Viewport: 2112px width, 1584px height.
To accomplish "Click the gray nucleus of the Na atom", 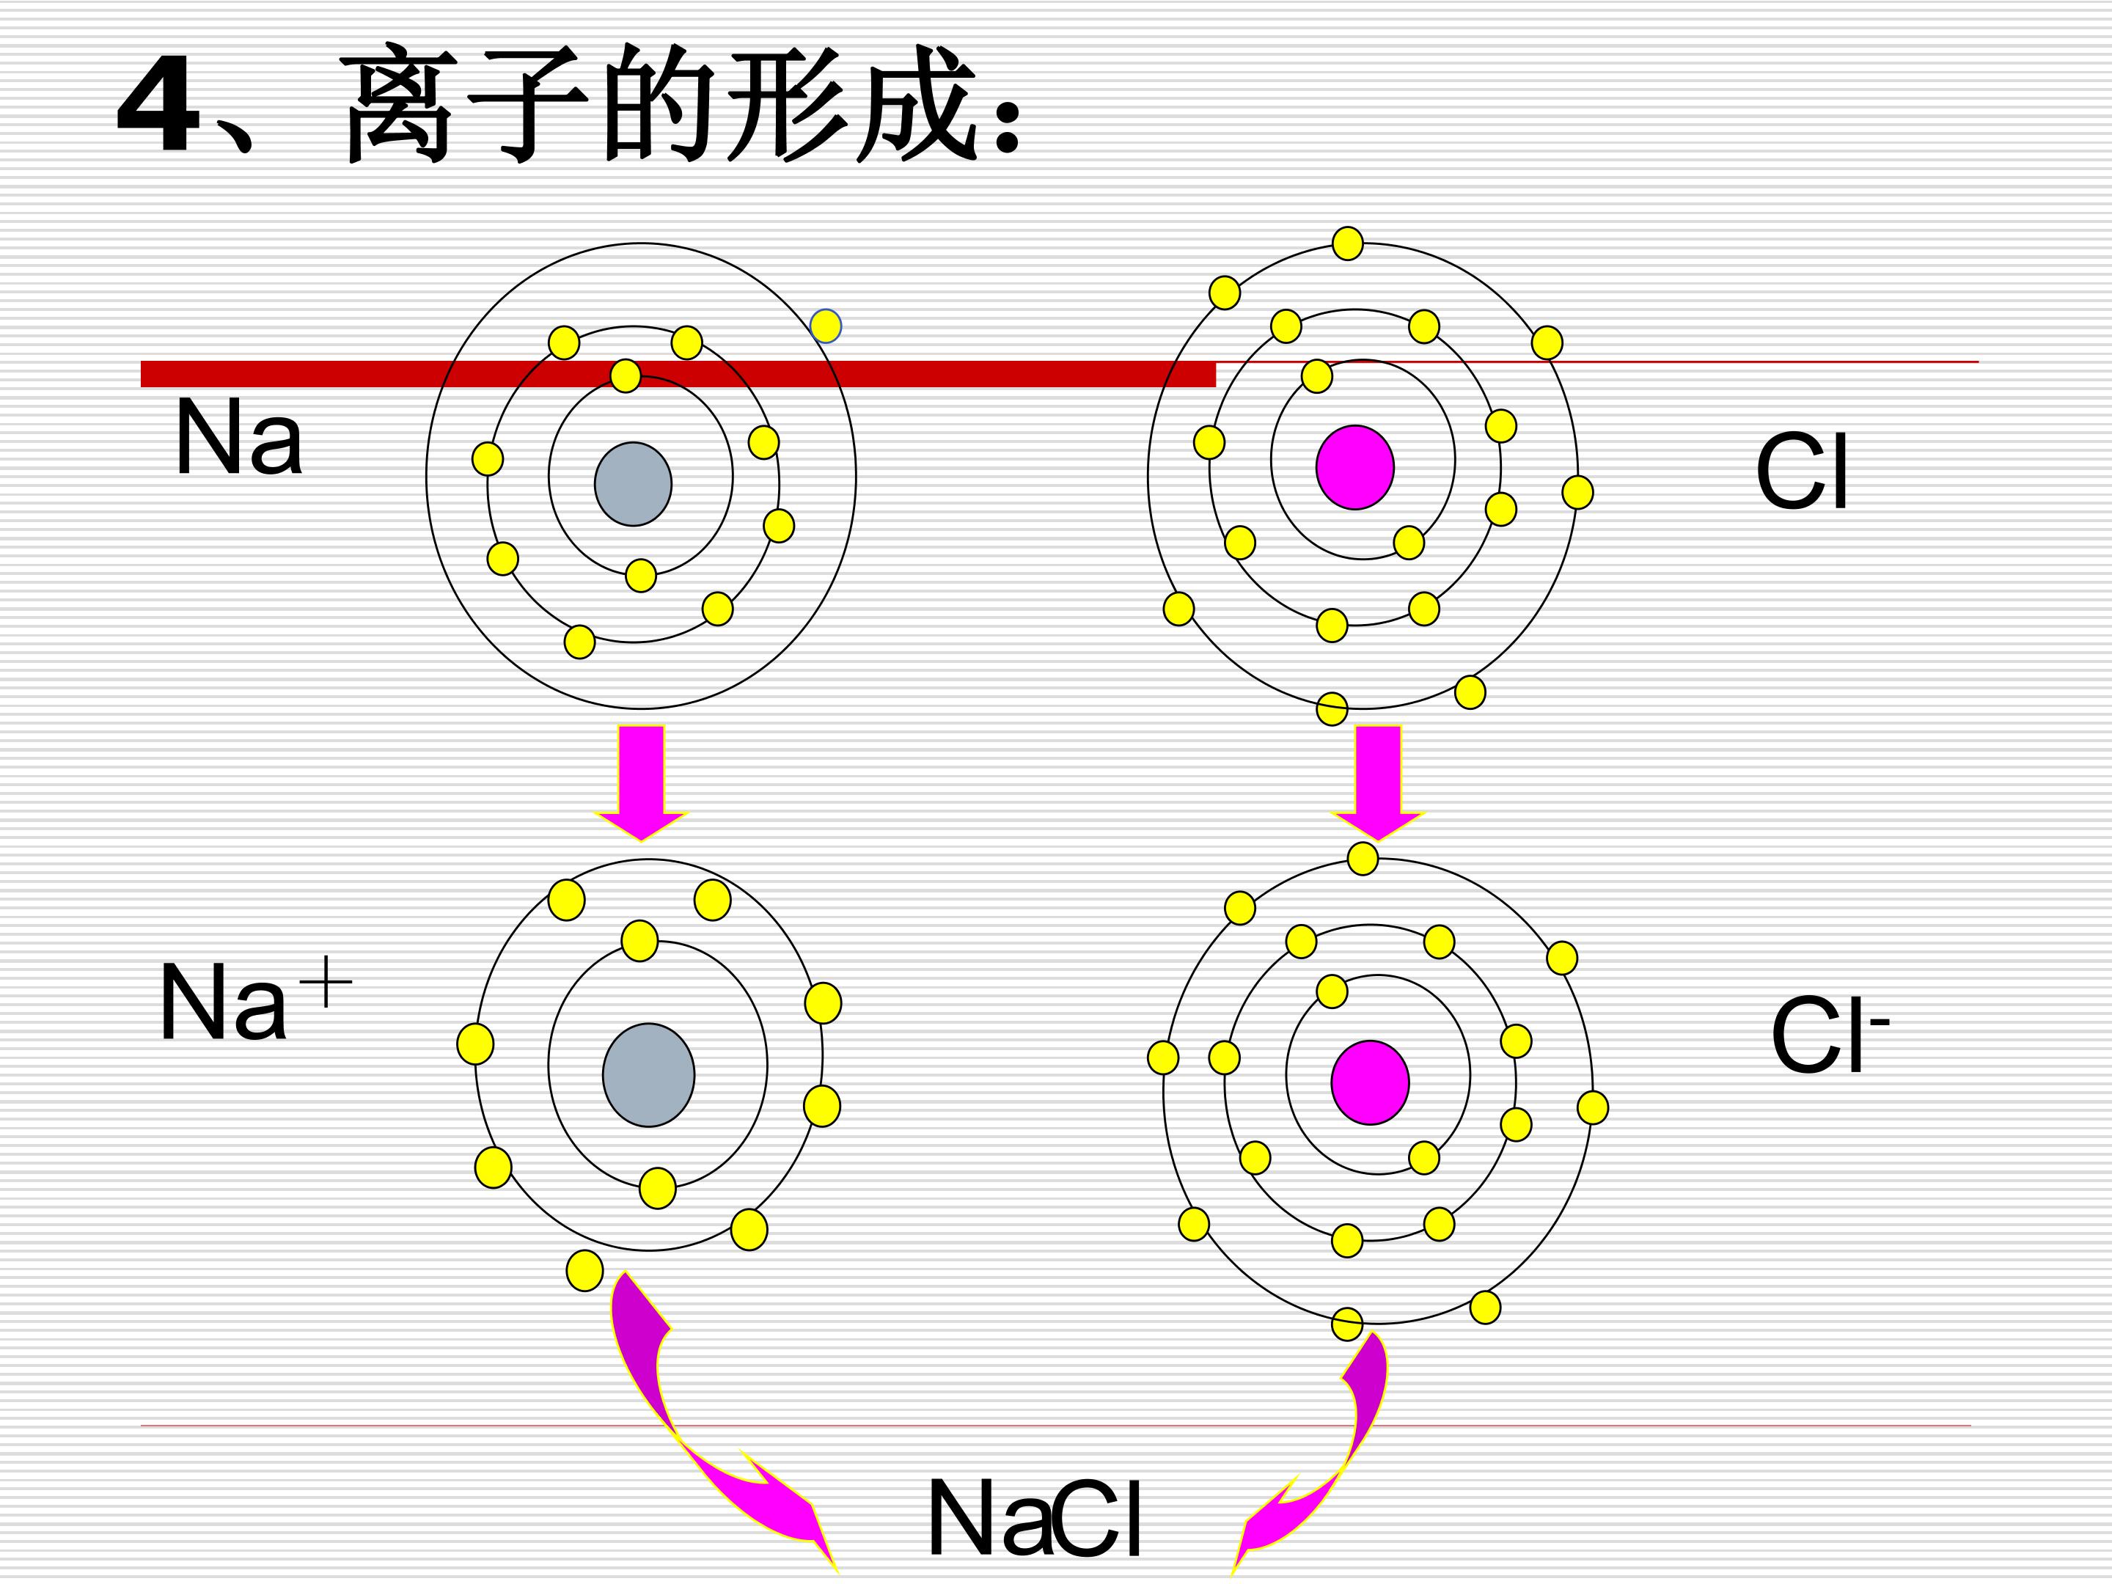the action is pyautogui.click(x=633, y=483).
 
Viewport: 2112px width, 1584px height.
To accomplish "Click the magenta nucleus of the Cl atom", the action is pyautogui.click(x=1355, y=467).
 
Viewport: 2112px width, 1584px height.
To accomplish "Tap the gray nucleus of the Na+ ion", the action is pyautogui.click(x=648, y=1075).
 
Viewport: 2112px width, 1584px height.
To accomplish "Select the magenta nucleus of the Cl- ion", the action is pyautogui.click(x=1370, y=1082).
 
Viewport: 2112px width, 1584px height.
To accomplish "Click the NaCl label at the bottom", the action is pyautogui.click(x=1035, y=1518).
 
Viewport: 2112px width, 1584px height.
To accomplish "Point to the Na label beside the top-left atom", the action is pyautogui.click(x=238, y=437).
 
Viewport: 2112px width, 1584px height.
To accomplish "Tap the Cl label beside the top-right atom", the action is pyautogui.click(x=1802, y=472).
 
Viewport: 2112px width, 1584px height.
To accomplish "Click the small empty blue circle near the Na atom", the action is pyautogui.click(x=826, y=326).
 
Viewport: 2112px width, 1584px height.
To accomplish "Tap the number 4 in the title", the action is pyautogui.click(x=158, y=105).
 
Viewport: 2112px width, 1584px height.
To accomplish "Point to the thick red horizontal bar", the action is pyautogui.click(x=678, y=373).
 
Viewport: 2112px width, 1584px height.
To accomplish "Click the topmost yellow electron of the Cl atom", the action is pyautogui.click(x=1347, y=243).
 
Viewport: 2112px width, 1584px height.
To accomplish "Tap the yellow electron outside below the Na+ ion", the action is pyautogui.click(x=585, y=1271).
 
